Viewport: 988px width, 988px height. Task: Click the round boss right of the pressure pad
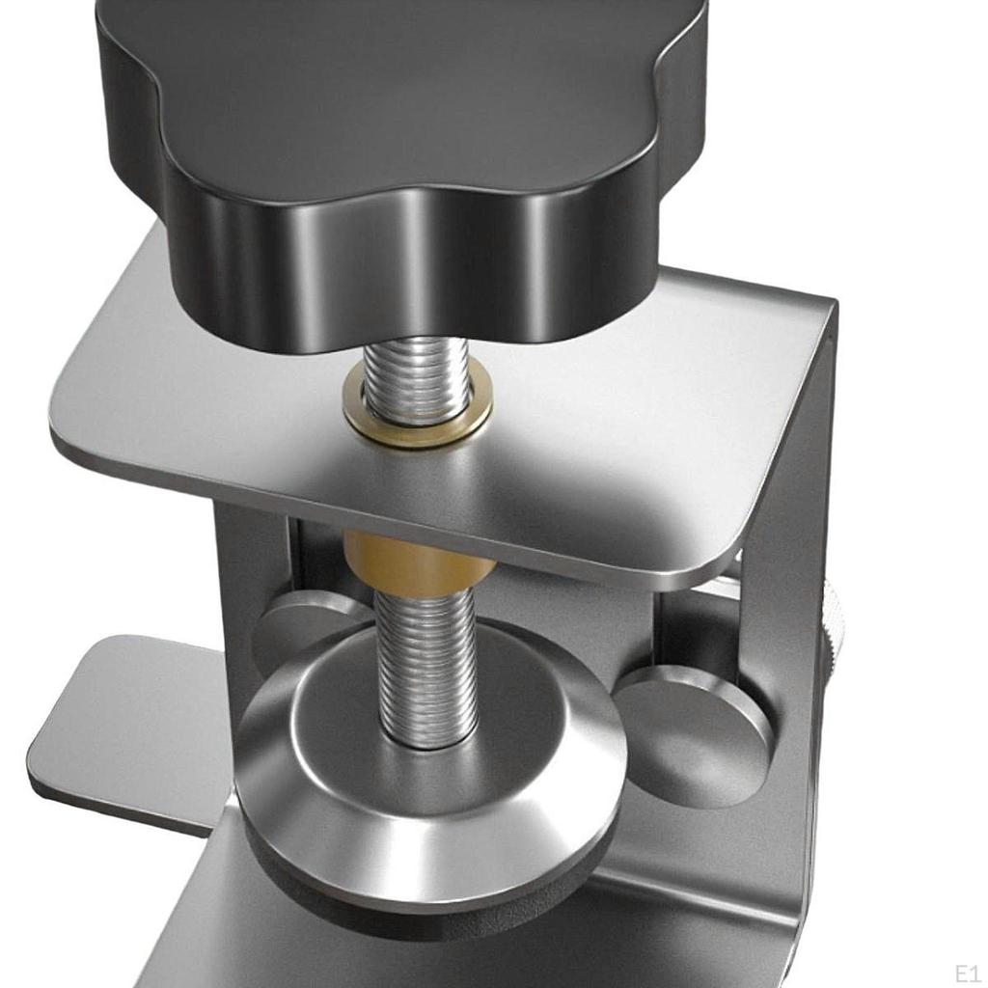click(694, 733)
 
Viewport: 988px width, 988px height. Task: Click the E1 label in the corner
click(966, 972)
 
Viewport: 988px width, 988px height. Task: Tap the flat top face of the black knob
click(405, 87)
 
